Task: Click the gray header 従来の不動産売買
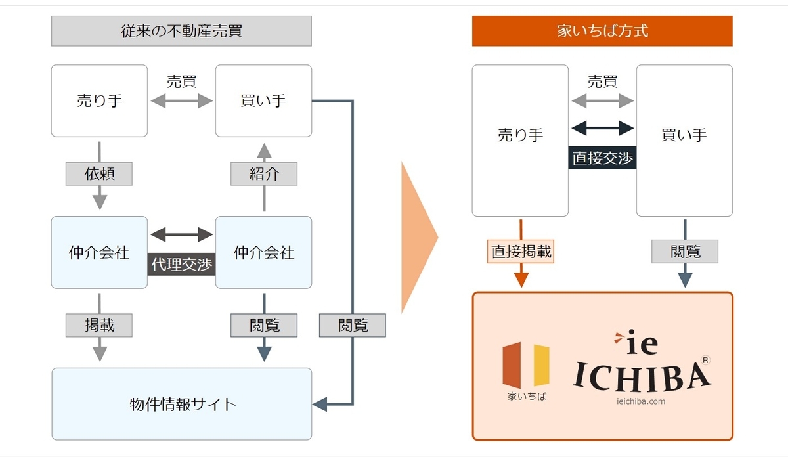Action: [181, 32]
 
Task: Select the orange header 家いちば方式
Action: [602, 32]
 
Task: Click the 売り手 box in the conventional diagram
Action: [99, 101]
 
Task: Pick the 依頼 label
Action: [99, 173]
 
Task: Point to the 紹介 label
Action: [263, 173]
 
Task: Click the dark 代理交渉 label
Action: [182, 264]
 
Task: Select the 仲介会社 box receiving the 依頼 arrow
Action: [99, 252]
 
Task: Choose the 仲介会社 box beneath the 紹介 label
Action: [263, 252]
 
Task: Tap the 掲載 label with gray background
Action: [99, 324]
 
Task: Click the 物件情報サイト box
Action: [181, 404]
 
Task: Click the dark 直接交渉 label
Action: [602, 158]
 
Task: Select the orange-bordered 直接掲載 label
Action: [521, 251]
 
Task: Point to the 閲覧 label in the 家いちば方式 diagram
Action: [685, 251]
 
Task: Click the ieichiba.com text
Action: [641, 401]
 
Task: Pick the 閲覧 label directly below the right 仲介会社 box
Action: [263, 324]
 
